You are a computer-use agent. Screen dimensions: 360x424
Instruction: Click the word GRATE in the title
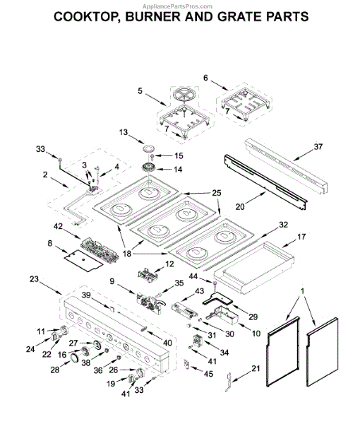coord(239,17)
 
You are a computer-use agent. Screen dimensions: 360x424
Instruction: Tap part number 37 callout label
coord(318,147)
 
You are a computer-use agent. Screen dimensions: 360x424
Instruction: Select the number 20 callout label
coord(240,206)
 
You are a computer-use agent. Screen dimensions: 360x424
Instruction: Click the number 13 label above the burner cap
coord(123,132)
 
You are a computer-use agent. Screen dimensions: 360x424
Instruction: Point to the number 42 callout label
coord(58,226)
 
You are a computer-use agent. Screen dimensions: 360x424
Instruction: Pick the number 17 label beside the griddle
coord(301,237)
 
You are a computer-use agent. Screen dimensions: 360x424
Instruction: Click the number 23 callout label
coord(35,279)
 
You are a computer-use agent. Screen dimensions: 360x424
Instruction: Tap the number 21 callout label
coord(256,368)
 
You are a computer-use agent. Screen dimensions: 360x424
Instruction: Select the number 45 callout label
coord(208,374)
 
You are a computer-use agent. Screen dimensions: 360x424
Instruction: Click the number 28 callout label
coord(55,370)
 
